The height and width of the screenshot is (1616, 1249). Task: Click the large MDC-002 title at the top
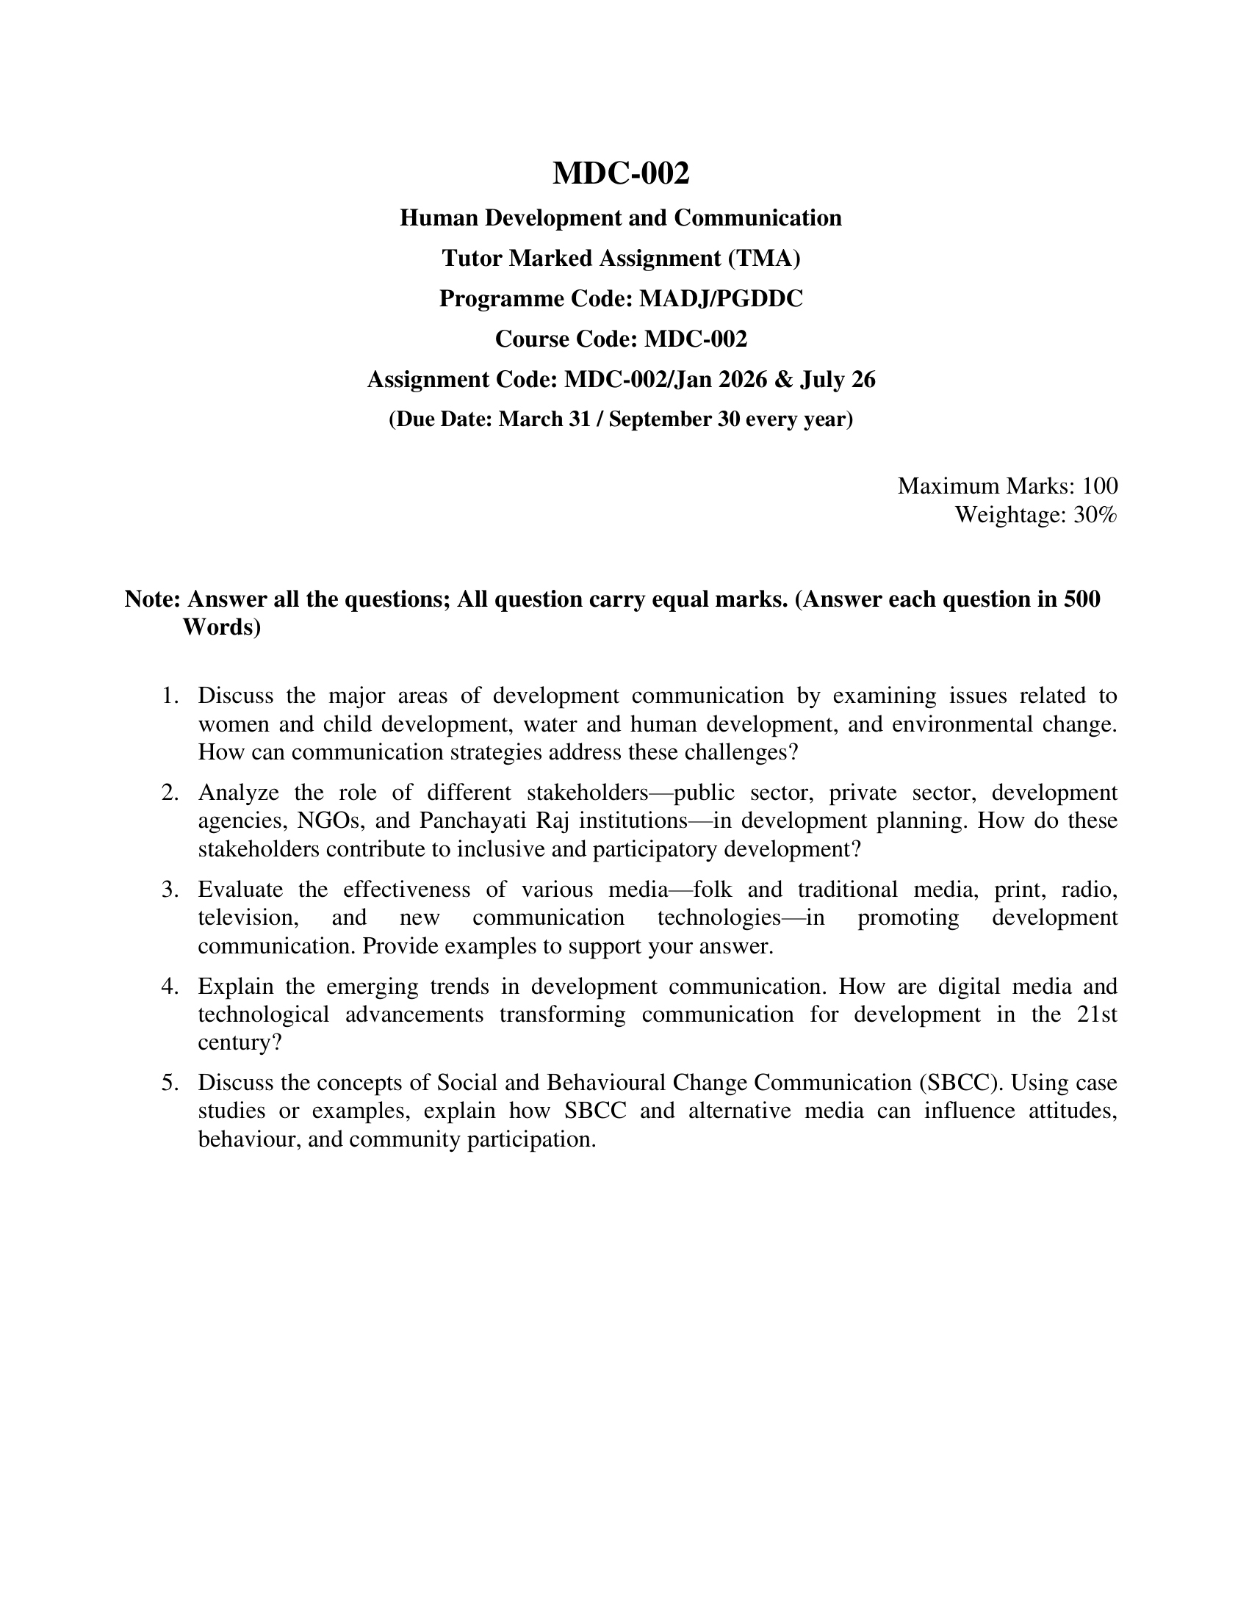click(621, 173)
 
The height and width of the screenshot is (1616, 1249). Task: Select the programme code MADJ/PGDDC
click(721, 298)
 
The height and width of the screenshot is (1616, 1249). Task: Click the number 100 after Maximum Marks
click(1100, 486)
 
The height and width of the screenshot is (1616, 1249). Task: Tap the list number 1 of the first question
click(170, 696)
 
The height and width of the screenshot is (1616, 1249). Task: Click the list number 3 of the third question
click(170, 890)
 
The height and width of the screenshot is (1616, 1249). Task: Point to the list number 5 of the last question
click(170, 1083)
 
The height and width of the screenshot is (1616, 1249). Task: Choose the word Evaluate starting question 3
click(240, 890)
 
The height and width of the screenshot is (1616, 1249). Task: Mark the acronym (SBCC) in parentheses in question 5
click(960, 1083)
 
